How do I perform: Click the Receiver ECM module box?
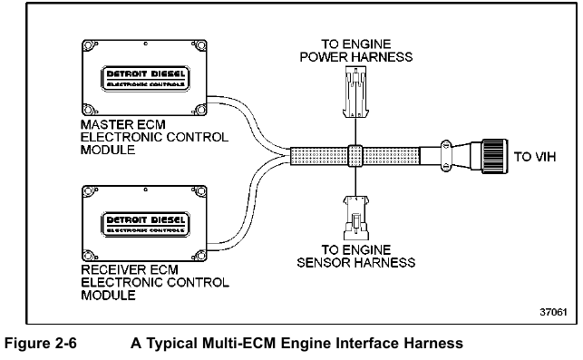click(x=144, y=219)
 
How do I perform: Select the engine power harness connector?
click(x=355, y=93)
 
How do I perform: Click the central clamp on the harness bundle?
click(x=355, y=156)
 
